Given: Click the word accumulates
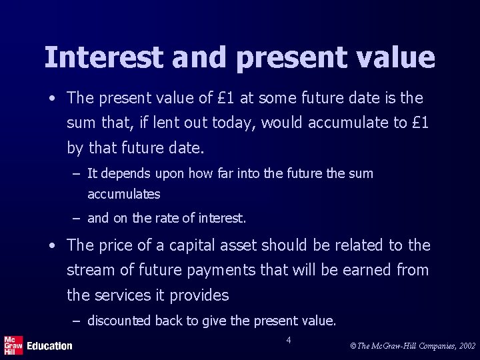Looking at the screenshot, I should coord(124,194).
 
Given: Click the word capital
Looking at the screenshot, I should coord(193,245).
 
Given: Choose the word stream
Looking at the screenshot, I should coord(89,270).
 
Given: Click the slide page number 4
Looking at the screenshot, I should coord(288,341).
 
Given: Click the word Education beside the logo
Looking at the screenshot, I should coord(49,345).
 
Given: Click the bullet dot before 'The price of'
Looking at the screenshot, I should coord(51,246).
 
